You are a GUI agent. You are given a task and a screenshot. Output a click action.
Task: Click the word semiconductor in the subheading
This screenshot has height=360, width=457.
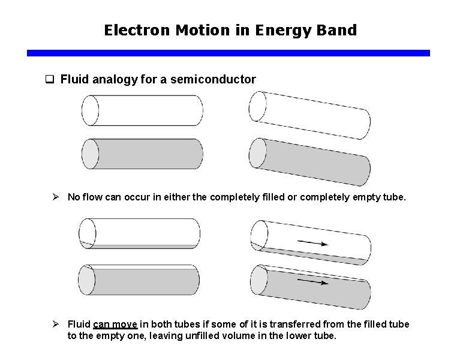tap(213, 79)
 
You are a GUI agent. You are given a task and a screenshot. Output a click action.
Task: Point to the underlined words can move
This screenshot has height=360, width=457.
tap(116, 324)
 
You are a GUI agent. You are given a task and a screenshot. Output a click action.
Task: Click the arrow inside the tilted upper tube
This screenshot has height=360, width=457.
tap(312, 243)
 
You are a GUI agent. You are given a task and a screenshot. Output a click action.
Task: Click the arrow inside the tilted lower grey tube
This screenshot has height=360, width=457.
tap(312, 281)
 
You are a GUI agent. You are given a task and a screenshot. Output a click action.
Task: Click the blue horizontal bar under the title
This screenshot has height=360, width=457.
tap(228, 53)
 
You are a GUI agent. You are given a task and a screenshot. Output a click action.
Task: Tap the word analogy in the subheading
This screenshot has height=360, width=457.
tap(116, 79)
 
